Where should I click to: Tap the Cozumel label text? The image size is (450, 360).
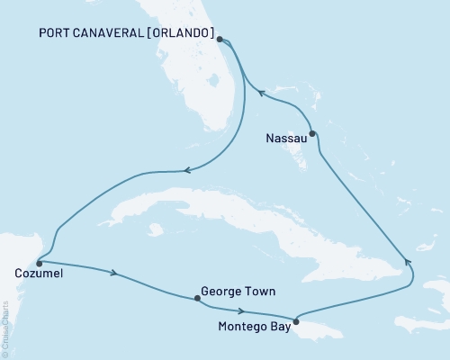40,274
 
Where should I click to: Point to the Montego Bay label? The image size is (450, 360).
254,329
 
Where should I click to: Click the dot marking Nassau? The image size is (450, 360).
312,135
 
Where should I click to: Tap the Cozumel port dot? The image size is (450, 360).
38,263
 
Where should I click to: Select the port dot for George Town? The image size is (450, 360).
195,300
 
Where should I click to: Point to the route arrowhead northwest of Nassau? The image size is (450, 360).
261,91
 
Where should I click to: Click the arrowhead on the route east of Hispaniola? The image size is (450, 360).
407,262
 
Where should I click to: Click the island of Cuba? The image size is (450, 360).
225,211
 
